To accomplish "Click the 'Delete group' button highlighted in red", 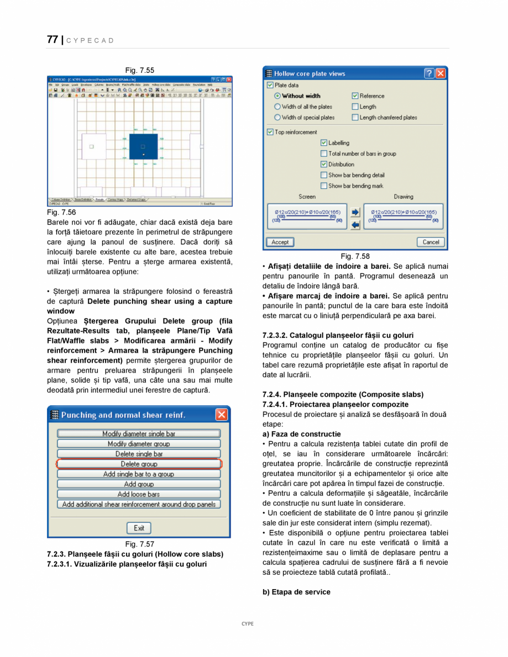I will click(x=139, y=464).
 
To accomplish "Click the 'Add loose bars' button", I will click(x=139, y=494).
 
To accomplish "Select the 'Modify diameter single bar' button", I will click(x=139, y=434).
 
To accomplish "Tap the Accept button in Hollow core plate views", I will click(x=280, y=242).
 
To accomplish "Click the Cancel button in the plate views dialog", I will click(x=431, y=242).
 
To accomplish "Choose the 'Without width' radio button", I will click(x=277, y=96).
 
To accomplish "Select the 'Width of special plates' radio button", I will click(x=277, y=118).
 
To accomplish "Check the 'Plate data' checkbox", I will click(x=270, y=86).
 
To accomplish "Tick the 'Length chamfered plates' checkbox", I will click(x=355, y=118).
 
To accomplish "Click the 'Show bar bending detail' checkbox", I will click(x=324, y=175).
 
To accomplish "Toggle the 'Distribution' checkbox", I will click(x=324, y=165).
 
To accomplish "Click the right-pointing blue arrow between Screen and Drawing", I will click(x=355, y=212).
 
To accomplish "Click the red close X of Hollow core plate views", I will click(x=440, y=73).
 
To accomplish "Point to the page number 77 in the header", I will click(x=53, y=40).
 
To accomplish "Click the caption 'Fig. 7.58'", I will click(x=355, y=256).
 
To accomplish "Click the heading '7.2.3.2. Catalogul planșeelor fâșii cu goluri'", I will click(x=338, y=335).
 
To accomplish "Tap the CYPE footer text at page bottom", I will click(x=248, y=623).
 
